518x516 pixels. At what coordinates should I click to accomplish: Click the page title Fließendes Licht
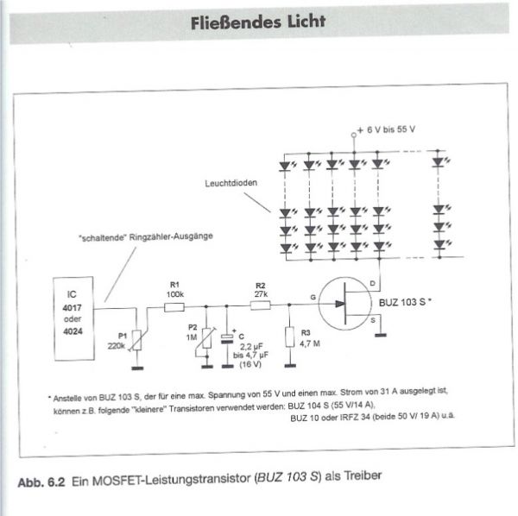[x=258, y=22]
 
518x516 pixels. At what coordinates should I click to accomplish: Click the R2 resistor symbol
[x=260, y=305]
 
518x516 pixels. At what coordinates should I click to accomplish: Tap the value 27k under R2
[x=260, y=294]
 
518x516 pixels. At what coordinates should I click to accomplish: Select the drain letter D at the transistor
[x=372, y=282]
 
